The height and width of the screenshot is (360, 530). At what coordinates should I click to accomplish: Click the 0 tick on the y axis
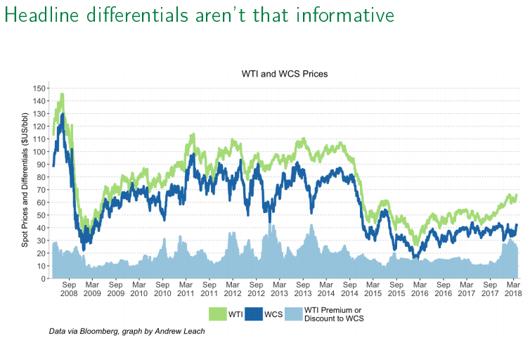point(44,278)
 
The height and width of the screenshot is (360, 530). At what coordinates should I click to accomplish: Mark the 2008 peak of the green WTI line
point(62,94)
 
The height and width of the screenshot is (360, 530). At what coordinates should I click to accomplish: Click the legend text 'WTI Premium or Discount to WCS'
point(335,314)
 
